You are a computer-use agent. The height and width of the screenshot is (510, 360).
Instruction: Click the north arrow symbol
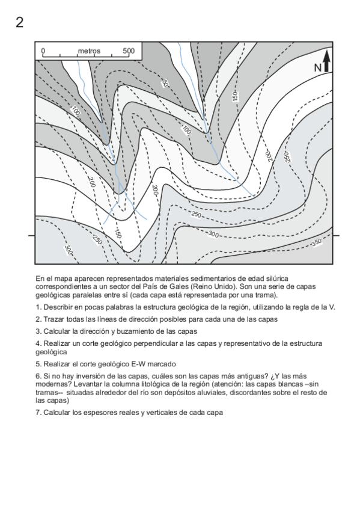tap(326, 62)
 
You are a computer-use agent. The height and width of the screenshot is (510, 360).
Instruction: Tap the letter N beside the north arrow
tap(318, 68)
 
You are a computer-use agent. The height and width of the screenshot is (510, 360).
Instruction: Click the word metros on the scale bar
tap(89, 51)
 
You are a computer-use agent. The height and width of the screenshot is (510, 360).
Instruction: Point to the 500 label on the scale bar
tap(128, 51)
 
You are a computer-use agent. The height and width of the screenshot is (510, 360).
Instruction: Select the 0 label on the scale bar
tap(43, 51)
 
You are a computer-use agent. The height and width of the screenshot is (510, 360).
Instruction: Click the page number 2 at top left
tap(20, 23)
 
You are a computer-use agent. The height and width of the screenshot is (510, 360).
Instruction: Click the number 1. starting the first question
tap(38, 307)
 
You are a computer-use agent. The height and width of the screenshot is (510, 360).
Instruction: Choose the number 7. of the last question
tap(38, 413)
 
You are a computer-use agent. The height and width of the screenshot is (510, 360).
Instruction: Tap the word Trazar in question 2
tap(53, 319)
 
